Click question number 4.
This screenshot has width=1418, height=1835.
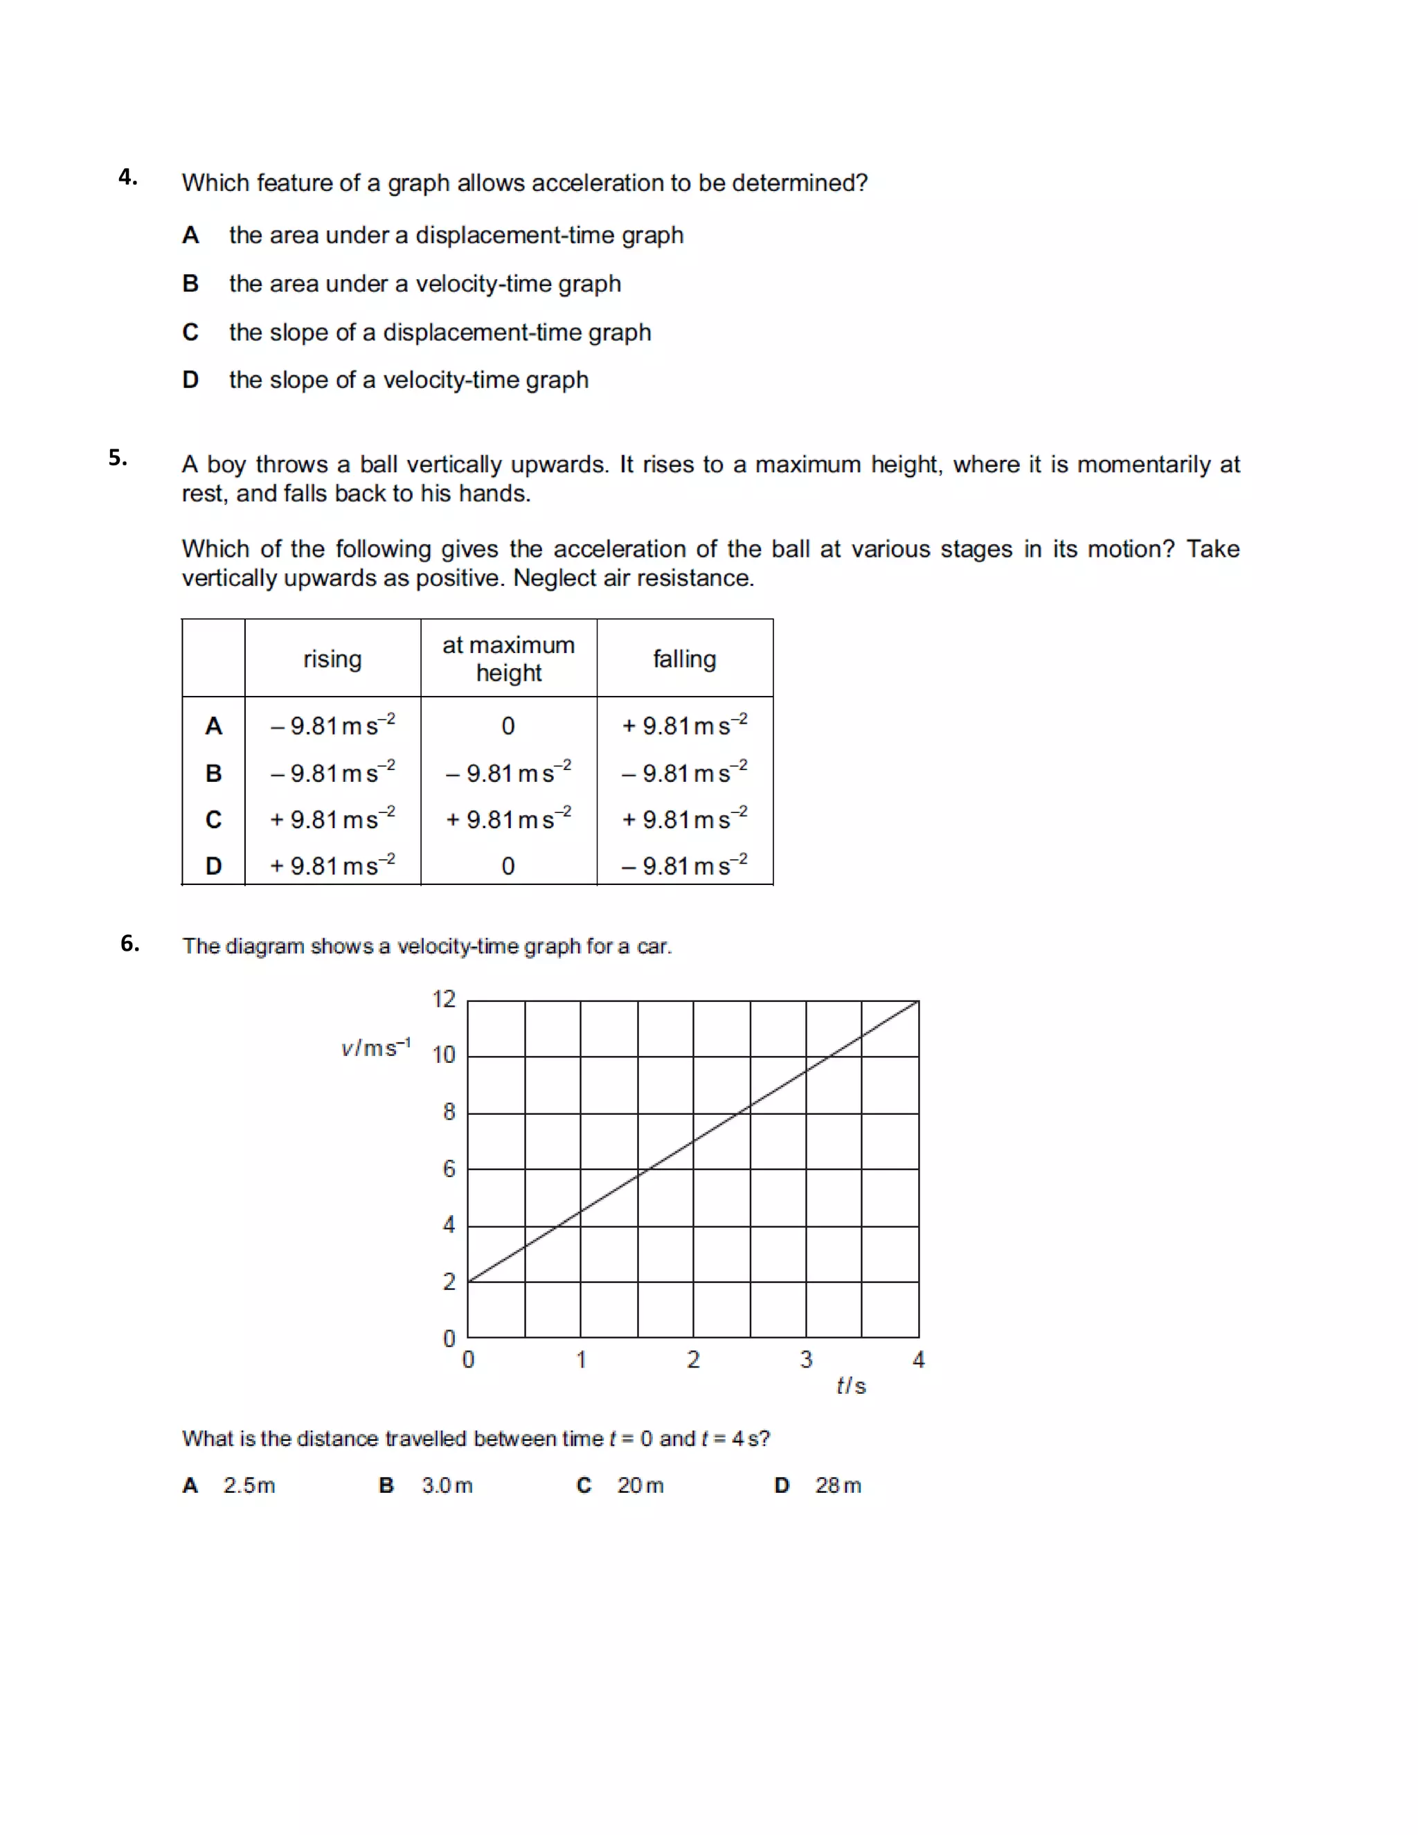[x=127, y=177]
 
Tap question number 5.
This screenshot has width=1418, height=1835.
[x=118, y=458]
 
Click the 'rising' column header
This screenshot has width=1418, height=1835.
[x=332, y=659]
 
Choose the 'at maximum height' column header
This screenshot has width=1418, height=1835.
[x=508, y=659]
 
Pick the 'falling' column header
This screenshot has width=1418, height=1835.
[x=685, y=659]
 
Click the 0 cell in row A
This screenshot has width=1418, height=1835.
[x=508, y=726]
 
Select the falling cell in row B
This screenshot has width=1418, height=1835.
[x=684, y=772]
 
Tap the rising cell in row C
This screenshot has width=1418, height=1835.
[x=332, y=818]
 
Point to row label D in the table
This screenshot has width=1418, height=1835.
[x=213, y=866]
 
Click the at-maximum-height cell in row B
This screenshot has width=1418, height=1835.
[x=508, y=772]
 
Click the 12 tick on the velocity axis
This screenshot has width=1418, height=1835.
[x=444, y=999]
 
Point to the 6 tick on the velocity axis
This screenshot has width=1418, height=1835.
[x=449, y=1169]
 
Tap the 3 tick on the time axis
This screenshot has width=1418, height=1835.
[x=807, y=1359]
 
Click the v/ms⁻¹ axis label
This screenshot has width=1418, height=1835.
[x=375, y=1048]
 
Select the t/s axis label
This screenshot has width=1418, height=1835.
[x=851, y=1386]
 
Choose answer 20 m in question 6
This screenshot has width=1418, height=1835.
[x=640, y=1485]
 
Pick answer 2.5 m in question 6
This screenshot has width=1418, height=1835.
[x=249, y=1485]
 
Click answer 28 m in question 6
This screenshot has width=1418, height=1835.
[x=838, y=1485]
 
